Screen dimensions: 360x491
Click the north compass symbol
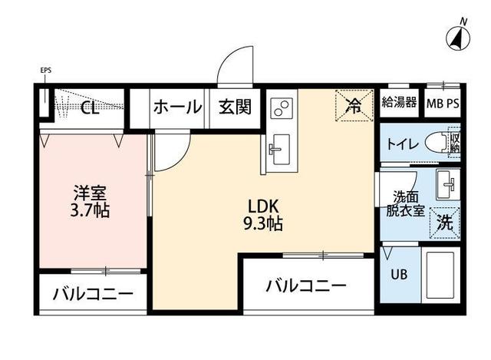[458, 35]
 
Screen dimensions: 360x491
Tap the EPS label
[45, 72]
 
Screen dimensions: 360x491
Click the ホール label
[177, 107]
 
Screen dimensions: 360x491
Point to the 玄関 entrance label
[234, 107]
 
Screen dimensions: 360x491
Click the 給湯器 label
[399, 101]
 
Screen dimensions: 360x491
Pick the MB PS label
[443, 102]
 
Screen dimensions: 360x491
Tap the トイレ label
[402, 143]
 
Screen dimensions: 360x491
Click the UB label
[399, 273]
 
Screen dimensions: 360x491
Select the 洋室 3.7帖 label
[91, 201]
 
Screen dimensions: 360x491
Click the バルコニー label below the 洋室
[92, 294]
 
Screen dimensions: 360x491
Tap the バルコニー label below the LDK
[306, 286]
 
